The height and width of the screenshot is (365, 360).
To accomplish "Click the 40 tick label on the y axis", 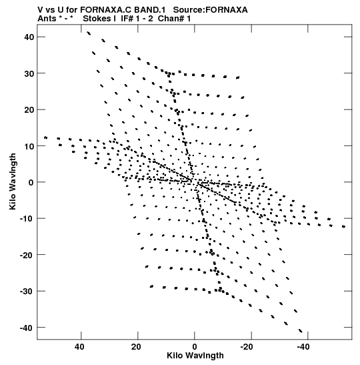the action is [29, 37].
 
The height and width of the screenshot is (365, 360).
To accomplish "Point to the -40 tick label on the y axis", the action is [27, 328].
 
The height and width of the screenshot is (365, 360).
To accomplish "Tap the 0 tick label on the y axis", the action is [31, 182].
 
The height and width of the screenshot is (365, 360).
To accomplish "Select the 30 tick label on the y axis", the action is [29, 73].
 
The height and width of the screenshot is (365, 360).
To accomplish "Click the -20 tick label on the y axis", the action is [27, 255].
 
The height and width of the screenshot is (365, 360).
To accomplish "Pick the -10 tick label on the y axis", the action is [27, 219].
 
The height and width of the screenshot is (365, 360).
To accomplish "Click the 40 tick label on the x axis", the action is [79, 347].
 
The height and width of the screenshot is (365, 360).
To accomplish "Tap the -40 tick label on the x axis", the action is [303, 347].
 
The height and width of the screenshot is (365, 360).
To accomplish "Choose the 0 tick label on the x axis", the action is [195, 347].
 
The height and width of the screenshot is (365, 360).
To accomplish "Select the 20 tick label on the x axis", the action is [136, 347].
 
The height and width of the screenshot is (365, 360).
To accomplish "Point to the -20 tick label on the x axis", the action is [247, 347].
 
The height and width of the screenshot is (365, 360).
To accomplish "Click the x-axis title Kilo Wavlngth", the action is [195, 356].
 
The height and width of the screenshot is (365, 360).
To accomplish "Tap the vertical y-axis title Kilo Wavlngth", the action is [13, 181].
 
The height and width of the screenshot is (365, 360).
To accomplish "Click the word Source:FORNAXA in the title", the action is [211, 10].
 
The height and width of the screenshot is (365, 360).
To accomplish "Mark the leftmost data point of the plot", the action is [45, 137].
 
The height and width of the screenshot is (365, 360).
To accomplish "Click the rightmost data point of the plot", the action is [344, 226].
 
